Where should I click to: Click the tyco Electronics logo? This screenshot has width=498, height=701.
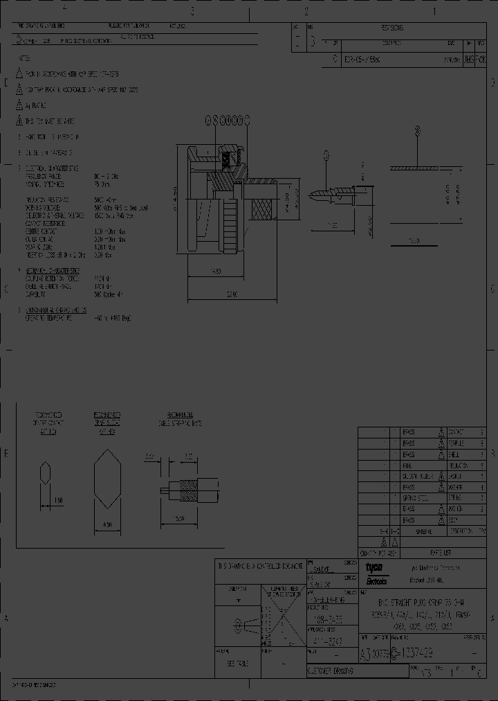pos(377,571)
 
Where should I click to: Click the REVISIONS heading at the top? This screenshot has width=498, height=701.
pos(391,28)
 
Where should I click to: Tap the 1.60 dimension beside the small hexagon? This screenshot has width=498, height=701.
pos(59,500)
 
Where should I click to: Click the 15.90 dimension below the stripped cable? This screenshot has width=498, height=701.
pos(179,518)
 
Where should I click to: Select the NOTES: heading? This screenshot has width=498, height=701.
pos(26,60)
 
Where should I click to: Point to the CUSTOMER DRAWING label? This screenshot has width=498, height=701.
pos(330,671)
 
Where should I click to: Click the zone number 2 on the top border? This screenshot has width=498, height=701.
pos(306,11)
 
